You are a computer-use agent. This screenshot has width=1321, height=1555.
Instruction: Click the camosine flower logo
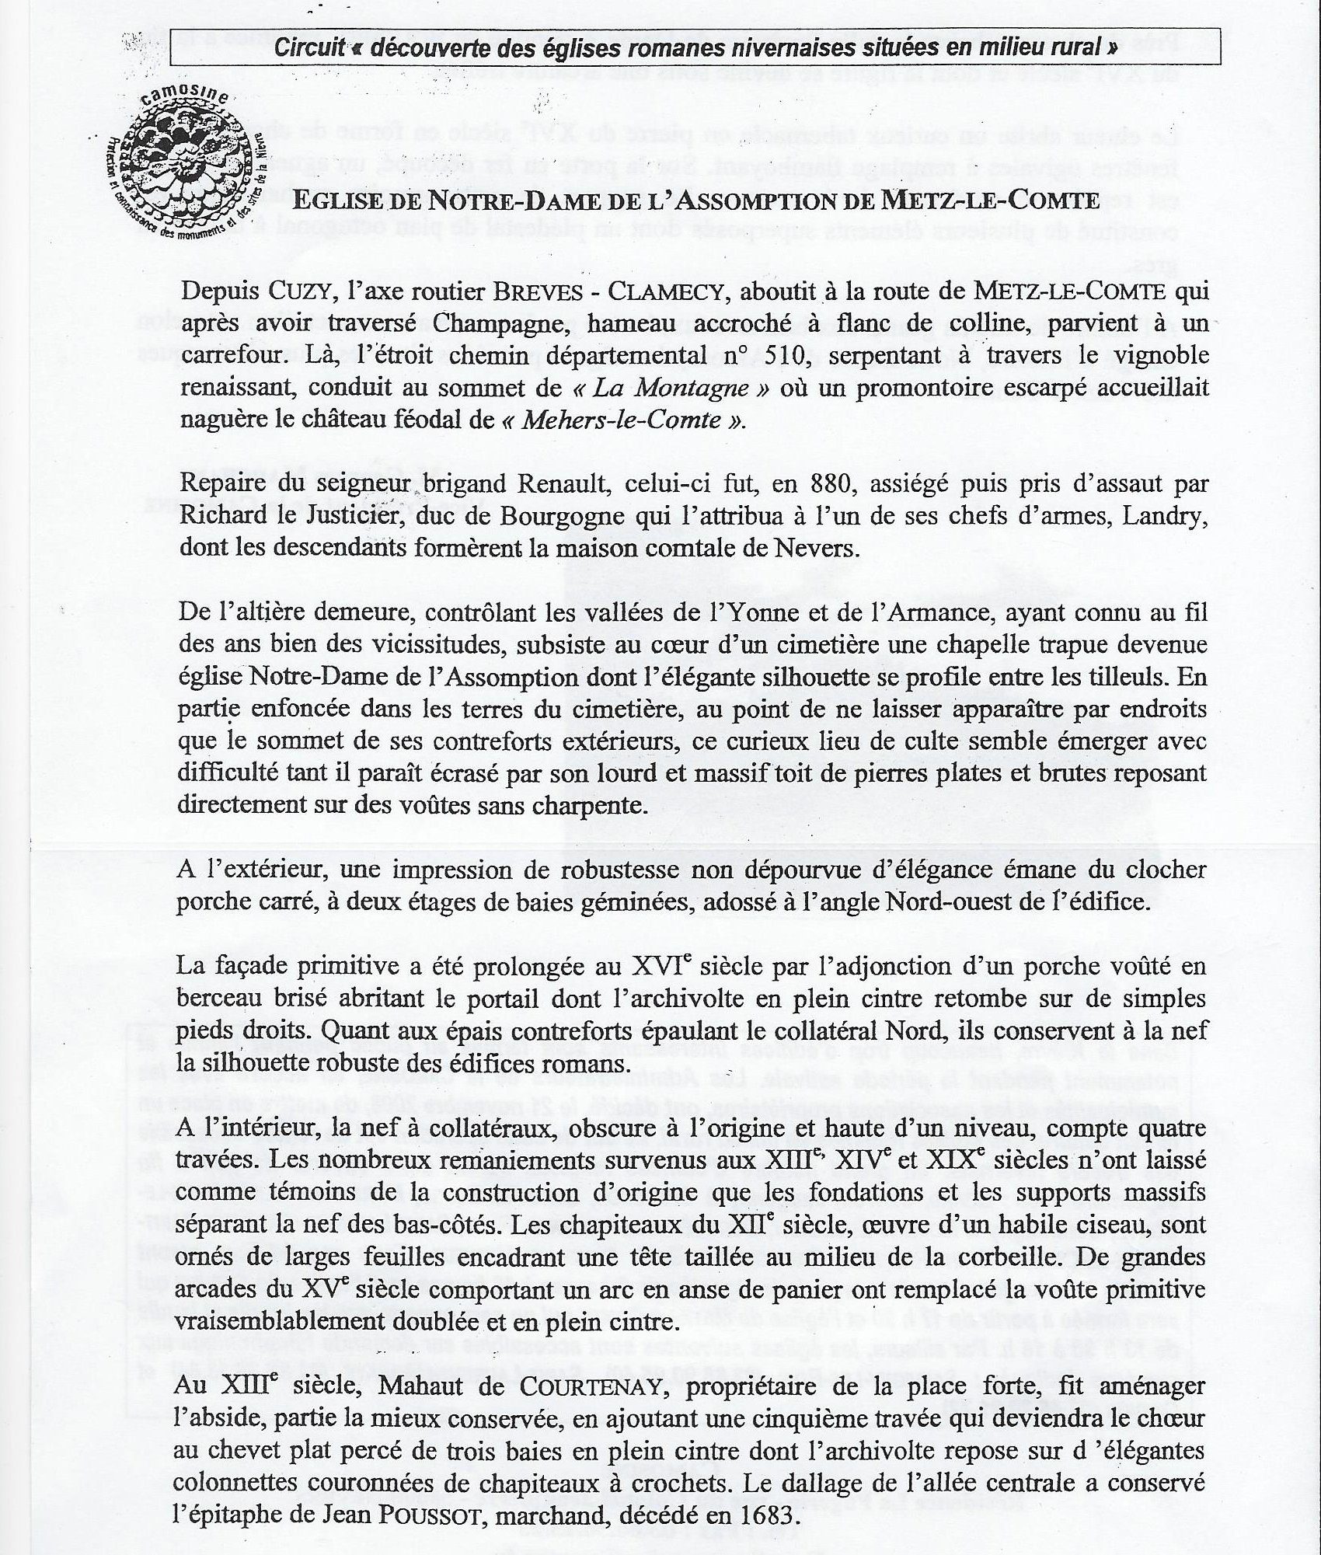click(x=186, y=160)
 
